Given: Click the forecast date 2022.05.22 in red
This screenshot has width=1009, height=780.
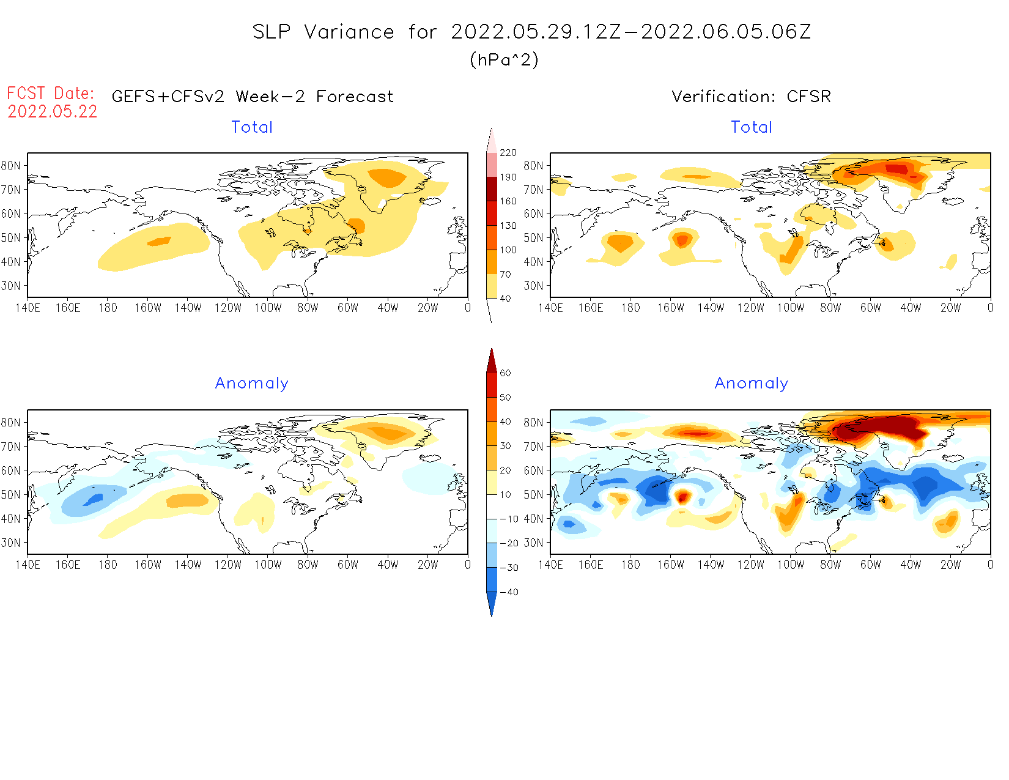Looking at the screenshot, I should [x=52, y=111].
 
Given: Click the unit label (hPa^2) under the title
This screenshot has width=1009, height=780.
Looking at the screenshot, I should [x=504, y=59].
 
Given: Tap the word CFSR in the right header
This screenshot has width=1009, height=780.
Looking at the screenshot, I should [x=808, y=96].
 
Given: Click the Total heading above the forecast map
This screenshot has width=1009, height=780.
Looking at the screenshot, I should [x=251, y=127].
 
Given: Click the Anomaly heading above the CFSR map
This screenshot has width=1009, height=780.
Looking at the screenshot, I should [x=751, y=383].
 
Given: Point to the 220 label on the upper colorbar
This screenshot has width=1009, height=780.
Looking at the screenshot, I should [x=508, y=153].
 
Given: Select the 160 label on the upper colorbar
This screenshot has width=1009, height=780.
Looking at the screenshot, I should [x=508, y=201].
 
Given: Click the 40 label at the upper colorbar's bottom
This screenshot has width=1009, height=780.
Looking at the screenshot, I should [x=505, y=299].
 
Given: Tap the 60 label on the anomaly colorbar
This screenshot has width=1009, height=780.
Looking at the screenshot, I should [x=505, y=373].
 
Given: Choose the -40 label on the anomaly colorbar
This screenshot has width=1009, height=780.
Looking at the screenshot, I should [x=509, y=592].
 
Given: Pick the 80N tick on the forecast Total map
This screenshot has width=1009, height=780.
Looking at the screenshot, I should [x=11, y=165].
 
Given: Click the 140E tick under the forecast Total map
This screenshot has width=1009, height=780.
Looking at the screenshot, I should [x=28, y=308].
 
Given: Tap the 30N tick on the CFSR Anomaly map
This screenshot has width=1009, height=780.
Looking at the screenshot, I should [x=533, y=543].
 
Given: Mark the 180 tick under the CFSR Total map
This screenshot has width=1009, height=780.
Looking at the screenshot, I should [x=630, y=308].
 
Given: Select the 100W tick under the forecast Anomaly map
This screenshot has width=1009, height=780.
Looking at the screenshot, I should [x=268, y=565].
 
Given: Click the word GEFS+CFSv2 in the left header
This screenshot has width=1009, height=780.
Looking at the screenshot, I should [x=168, y=96].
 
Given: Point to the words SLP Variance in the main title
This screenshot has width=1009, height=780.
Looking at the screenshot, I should [x=323, y=32].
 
